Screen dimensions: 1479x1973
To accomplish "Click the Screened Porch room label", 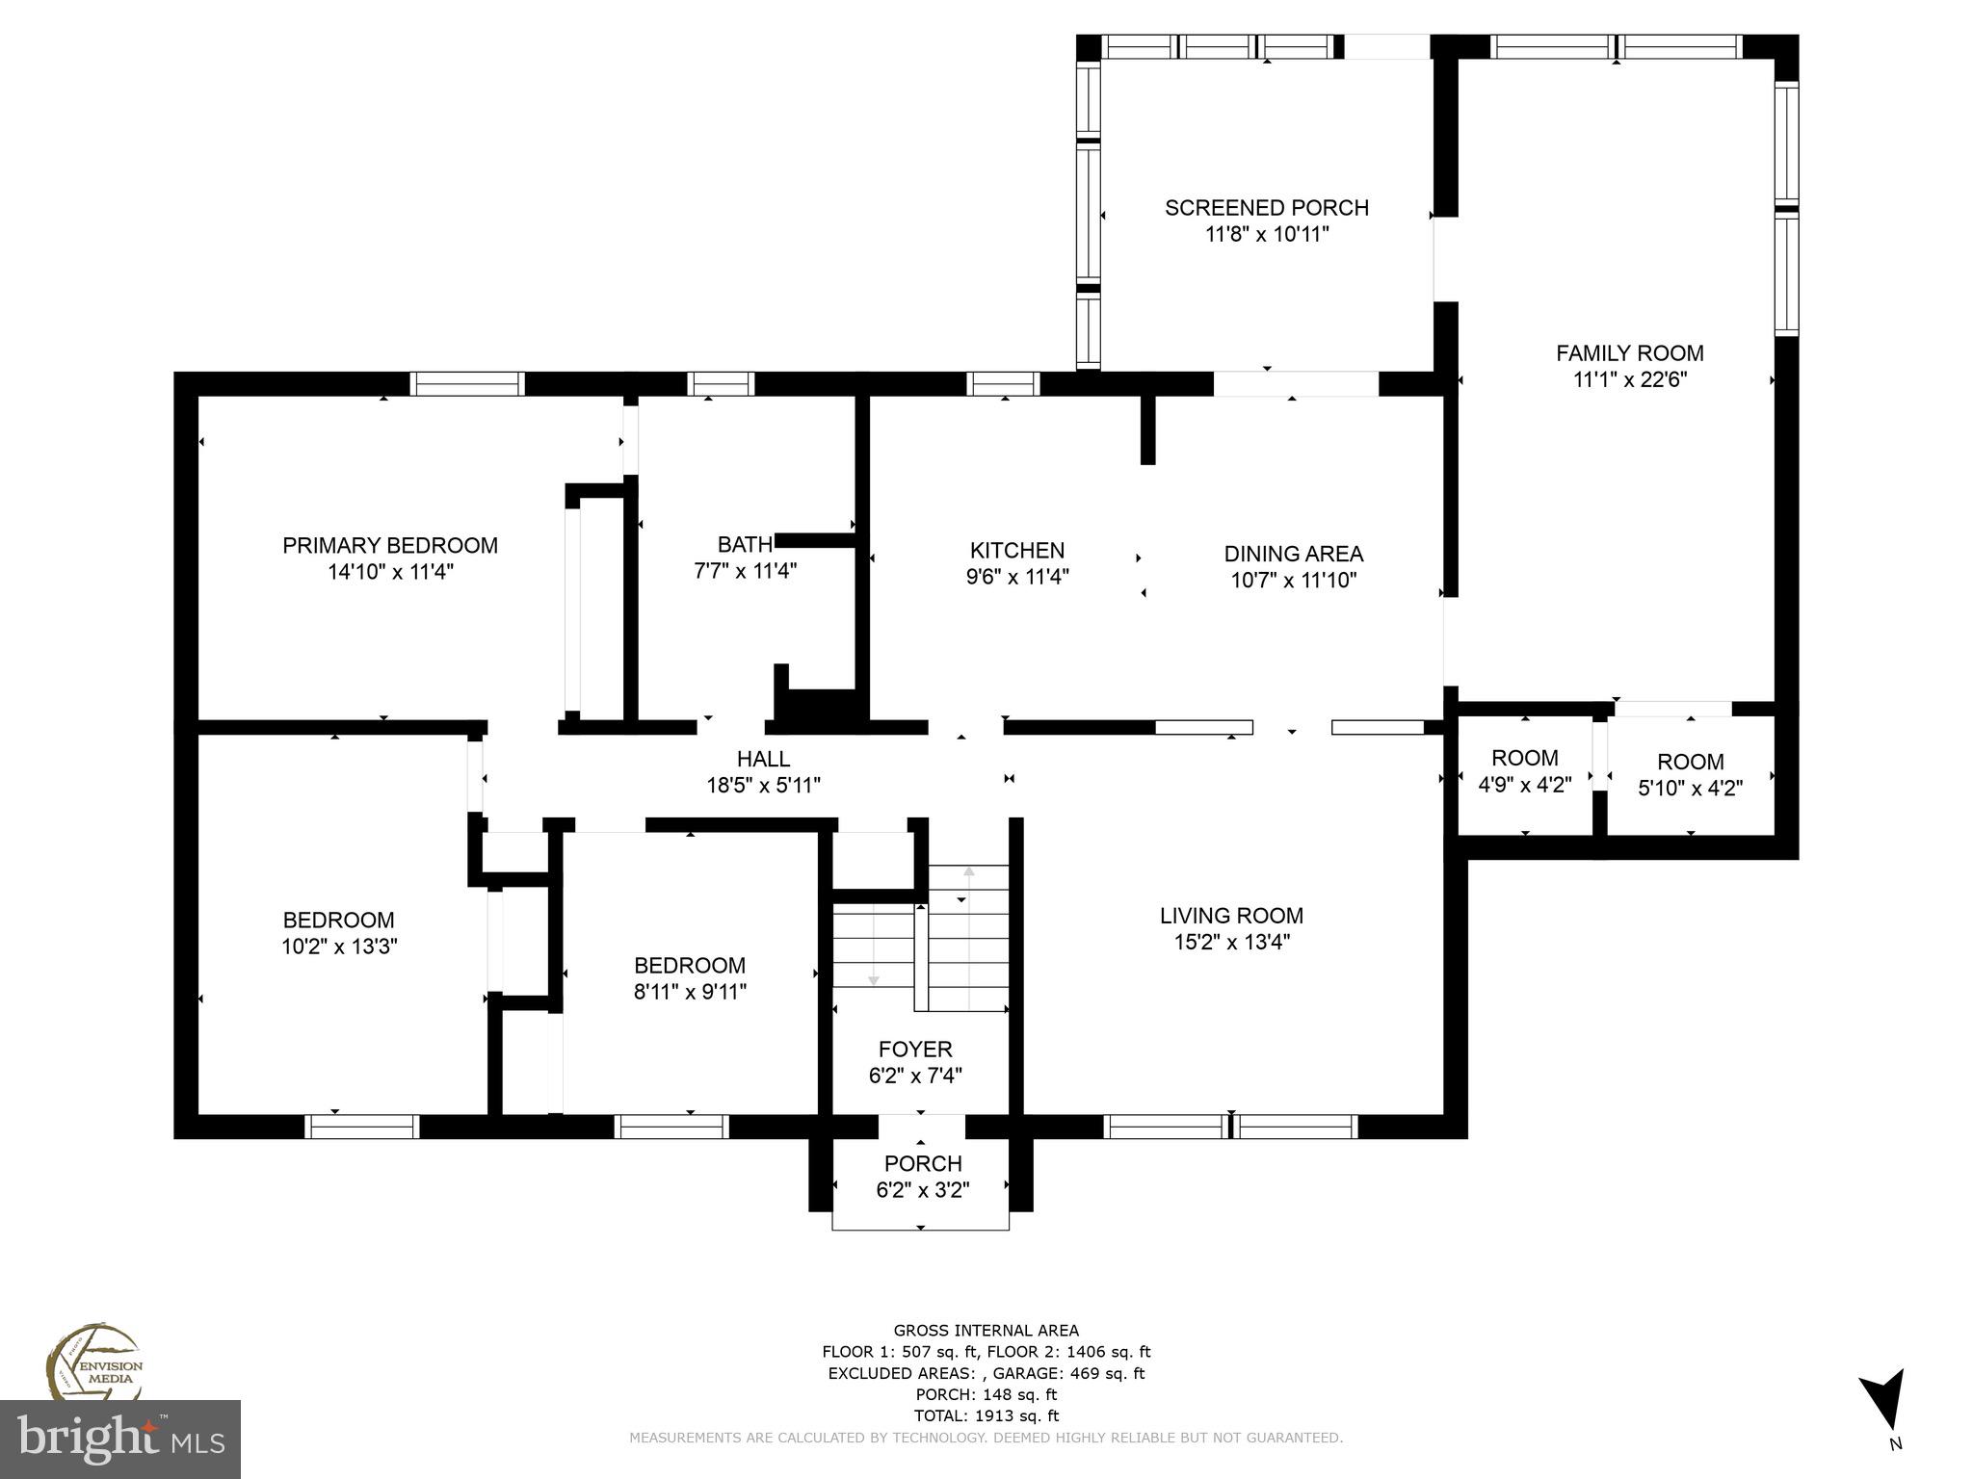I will point(1266,208).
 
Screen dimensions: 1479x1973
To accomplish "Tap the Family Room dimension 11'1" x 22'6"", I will point(1629,379).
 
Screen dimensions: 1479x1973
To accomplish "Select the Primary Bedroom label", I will point(389,546).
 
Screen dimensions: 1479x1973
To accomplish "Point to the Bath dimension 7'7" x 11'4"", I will point(745,571).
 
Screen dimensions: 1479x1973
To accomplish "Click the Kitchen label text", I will point(1016,551).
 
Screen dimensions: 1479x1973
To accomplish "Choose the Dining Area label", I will point(1293,554).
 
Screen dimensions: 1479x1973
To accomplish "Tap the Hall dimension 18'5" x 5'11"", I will point(763,786).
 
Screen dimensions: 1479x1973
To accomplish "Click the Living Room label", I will point(1231,916).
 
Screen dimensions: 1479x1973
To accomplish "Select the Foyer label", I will point(915,1050).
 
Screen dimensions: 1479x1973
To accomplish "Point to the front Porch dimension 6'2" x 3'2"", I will point(922,1190).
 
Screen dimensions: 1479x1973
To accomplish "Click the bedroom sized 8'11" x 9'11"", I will point(690,978).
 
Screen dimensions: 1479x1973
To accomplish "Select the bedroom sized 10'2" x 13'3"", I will point(338,933).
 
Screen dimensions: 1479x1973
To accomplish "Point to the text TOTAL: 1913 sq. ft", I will point(986,1415).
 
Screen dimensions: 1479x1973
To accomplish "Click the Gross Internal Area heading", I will point(986,1331).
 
